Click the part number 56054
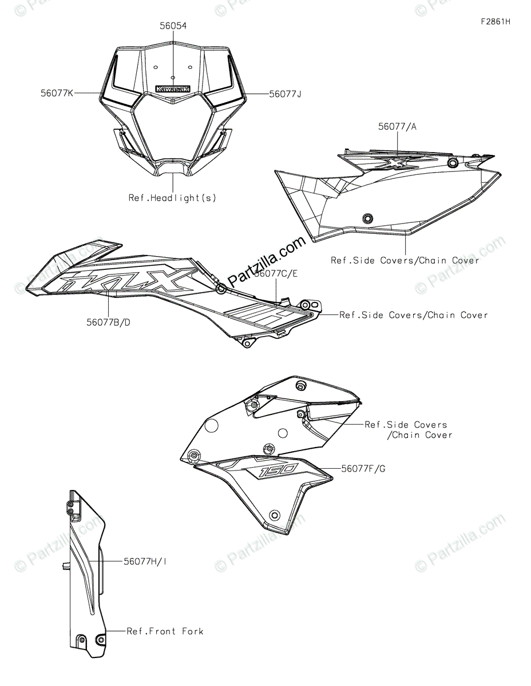click(x=173, y=26)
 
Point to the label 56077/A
click(x=397, y=126)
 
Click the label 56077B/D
click(x=108, y=322)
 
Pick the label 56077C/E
click(x=276, y=273)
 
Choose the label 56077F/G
click(x=363, y=469)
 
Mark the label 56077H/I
click(x=145, y=561)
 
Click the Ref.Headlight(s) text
click(x=173, y=198)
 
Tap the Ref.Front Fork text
click(x=165, y=631)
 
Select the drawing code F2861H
click(x=495, y=22)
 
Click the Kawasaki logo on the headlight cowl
click(x=173, y=89)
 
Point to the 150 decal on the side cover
click(x=278, y=470)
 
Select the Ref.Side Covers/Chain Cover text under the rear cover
click(x=405, y=260)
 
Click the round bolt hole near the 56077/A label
click(x=453, y=164)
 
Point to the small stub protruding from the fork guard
click(x=65, y=567)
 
